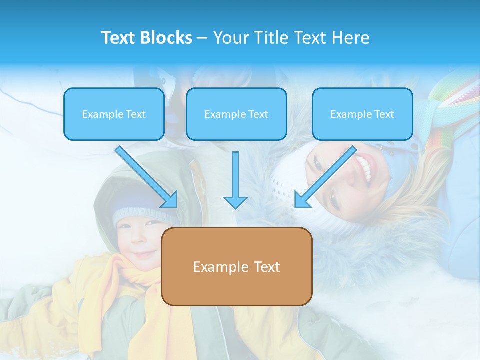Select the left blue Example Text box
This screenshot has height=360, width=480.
click(114, 114)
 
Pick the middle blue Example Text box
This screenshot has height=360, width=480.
click(236, 114)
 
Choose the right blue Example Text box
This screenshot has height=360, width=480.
click(362, 114)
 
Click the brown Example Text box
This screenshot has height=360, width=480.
click(236, 267)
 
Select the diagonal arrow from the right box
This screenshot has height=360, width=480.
click(325, 177)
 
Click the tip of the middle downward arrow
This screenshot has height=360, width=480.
click(235, 206)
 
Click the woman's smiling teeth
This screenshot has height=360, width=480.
click(366, 168)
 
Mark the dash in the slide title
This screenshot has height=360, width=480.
click(202, 38)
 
